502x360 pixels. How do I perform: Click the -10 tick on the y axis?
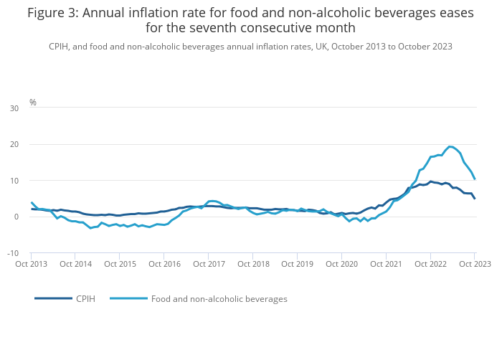13,253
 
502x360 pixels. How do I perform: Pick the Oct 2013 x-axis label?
32,264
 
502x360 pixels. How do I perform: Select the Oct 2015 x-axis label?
120,264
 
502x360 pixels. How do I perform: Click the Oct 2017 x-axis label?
209,264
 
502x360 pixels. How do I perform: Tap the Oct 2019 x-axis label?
297,264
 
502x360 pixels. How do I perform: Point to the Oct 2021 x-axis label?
386,264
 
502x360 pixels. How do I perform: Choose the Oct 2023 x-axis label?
474,264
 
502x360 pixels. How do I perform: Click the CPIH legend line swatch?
53,298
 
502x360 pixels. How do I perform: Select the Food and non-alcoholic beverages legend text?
219,298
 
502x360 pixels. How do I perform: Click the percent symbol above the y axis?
32,103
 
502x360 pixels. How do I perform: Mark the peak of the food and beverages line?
450,146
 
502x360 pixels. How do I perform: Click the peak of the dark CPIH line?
430,181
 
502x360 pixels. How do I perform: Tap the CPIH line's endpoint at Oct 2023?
474,198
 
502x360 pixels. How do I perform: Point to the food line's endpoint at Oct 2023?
474,179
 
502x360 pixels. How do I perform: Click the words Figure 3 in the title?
54,12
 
